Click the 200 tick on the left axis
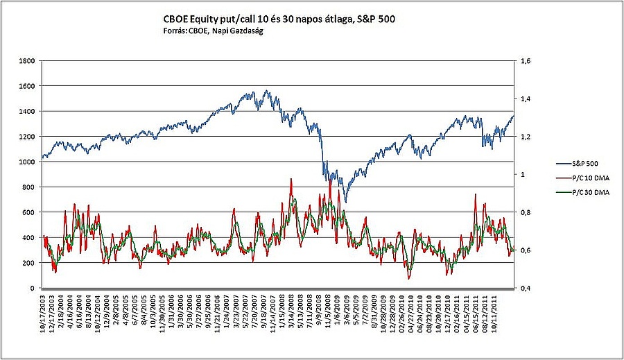pos(29,263)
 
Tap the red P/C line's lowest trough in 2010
pos(409,279)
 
